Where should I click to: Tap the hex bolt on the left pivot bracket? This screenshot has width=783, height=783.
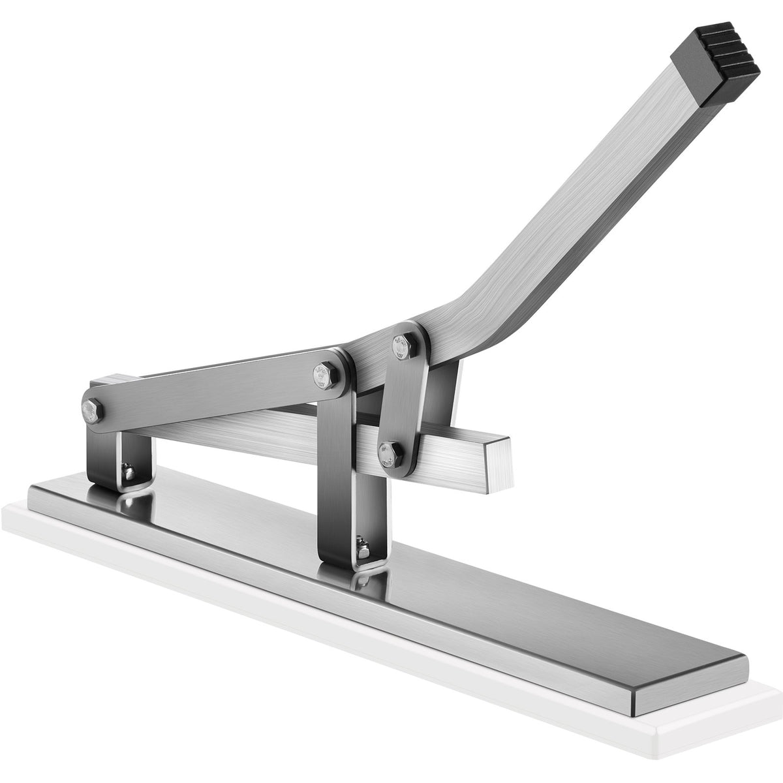click(91, 410)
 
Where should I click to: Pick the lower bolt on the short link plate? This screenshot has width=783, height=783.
click(386, 451)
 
